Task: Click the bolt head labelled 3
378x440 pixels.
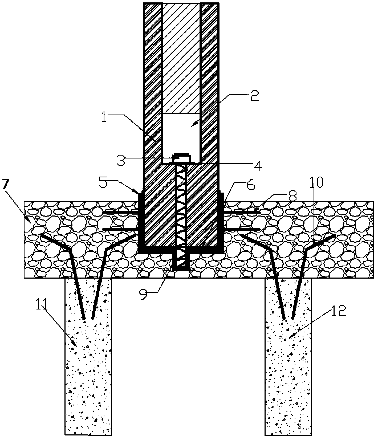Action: click(x=181, y=158)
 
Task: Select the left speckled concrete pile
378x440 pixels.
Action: click(x=88, y=357)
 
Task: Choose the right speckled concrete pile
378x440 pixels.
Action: click(x=288, y=357)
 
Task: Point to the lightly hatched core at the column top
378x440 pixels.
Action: click(x=181, y=58)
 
